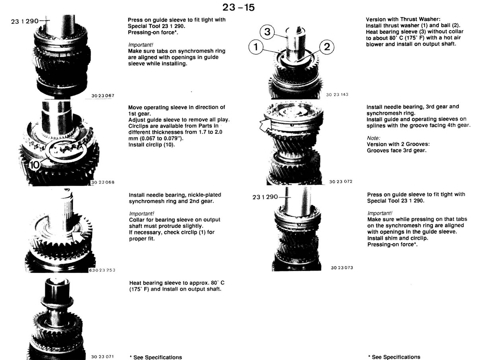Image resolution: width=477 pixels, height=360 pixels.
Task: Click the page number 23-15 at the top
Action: tap(238, 8)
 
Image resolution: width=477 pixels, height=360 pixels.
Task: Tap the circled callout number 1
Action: tap(256, 46)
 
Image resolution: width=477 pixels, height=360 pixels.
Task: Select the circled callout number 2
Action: tap(327, 46)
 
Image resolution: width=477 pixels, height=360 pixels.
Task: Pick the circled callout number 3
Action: tap(267, 32)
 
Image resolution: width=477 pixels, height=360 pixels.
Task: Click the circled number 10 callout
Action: tap(34, 165)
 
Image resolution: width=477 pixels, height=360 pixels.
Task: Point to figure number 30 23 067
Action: tap(103, 95)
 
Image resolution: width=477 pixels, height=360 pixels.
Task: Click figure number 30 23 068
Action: tap(103, 182)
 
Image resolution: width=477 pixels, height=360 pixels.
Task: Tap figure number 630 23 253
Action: tap(102, 270)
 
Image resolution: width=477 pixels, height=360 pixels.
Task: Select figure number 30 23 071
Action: tap(102, 356)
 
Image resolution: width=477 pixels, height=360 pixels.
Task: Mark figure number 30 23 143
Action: tap(337, 95)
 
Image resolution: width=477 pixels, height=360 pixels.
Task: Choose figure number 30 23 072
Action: tap(341, 182)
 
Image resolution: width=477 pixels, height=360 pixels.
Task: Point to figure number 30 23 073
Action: tap(342, 268)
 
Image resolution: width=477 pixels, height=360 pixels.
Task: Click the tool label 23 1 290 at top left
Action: tap(25, 21)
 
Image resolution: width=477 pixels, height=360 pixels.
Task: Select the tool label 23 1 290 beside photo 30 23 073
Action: tap(265, 197)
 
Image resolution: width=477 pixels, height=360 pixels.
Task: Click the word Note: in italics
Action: tap(373, 138)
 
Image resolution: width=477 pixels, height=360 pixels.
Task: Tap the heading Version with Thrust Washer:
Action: tap(403, 19)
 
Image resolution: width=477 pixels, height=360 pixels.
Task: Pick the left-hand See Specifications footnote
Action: tap(155, 357)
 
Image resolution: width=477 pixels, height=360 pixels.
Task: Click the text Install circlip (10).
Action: tap(151, 145)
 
